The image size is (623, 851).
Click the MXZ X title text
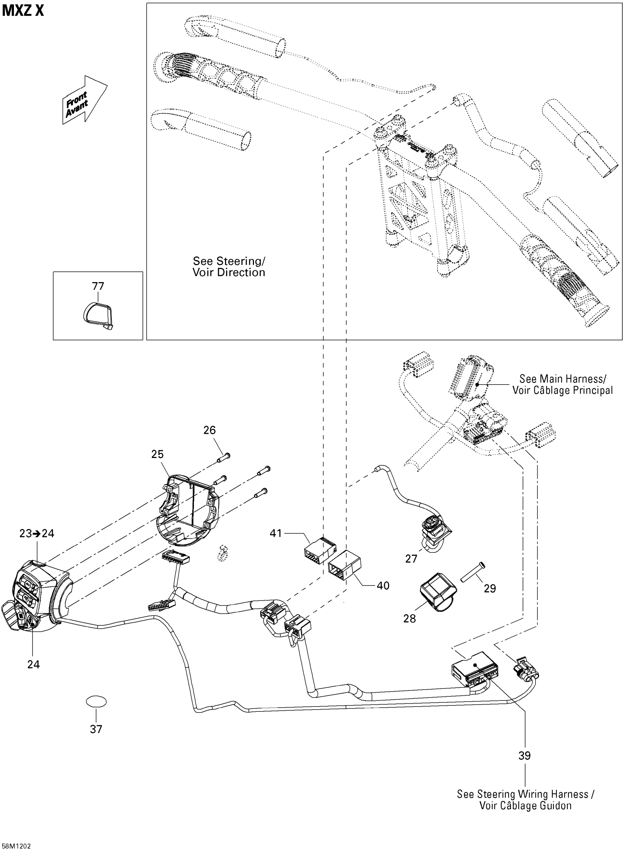23,11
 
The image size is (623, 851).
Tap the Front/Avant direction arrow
85,100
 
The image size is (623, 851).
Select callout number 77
98,286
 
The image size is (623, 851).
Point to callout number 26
209,430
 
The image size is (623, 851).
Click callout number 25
157,454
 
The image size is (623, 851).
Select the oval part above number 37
96,702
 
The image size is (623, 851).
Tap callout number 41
276,533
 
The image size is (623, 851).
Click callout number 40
383,585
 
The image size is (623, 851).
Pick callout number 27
411,559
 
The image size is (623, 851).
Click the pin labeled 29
472,572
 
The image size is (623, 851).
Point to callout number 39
524,763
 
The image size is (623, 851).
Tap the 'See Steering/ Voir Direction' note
229,266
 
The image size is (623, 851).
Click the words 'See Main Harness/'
563,378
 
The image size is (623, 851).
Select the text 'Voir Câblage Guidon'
525,806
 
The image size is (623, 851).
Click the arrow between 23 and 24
37,534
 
